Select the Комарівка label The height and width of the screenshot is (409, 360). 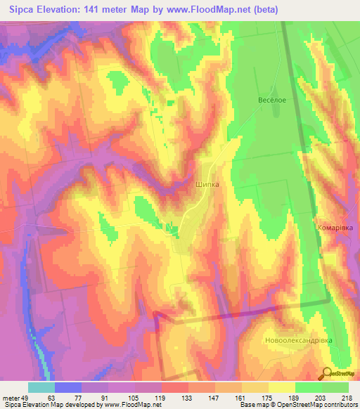pyautogui.click(x=334, y=228)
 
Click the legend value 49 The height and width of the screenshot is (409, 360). pyautogui.click(x=27, y=397)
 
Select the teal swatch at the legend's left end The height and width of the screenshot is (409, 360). pyautogui.click(x=41, y=387)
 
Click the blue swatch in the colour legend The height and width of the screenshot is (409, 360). pyautogui.click(x=68, y=387)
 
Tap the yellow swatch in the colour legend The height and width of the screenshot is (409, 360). pyautogui.click(x=282, y=387)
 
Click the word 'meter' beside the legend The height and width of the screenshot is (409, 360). pyautogui.click(x=11, y=397)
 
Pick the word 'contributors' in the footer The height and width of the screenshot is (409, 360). pyautogui.click(x=341, y=405)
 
